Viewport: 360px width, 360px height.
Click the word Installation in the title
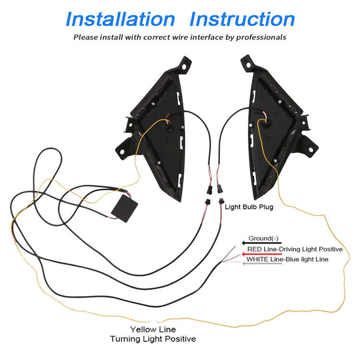point(120,19)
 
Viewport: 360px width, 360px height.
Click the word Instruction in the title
point(242,19)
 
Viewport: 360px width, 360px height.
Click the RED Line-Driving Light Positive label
point(295,249)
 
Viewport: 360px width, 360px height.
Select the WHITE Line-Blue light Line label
point(287,259)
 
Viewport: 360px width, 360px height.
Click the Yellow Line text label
point(153,329)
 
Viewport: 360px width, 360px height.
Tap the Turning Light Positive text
point(153,339)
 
